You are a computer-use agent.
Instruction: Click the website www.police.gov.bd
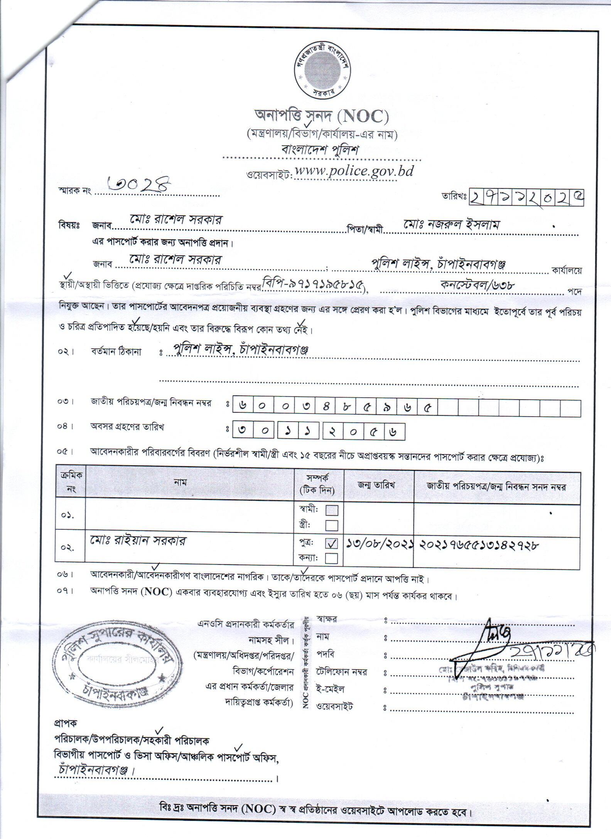(353, 171)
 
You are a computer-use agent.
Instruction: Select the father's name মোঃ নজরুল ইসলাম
(451, 224)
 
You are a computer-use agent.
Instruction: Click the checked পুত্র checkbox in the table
(332, 544)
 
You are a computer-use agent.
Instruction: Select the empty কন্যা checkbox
(332, 558)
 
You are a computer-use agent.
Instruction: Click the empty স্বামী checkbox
(332, 510)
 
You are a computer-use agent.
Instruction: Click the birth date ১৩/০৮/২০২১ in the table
(379, 544)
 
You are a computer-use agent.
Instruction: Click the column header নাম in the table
(178, 483)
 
